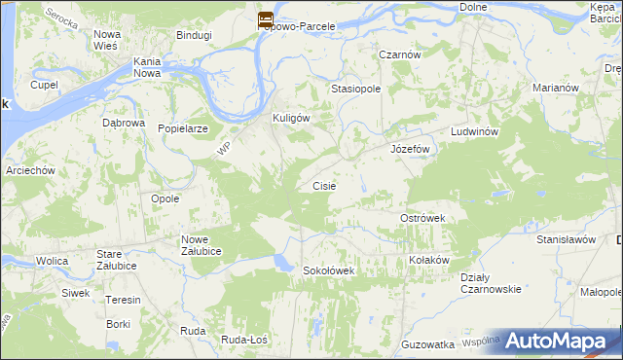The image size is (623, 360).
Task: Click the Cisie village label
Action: point(324,185)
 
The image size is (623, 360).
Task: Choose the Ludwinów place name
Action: point(474,131)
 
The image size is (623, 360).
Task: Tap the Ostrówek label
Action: point(422,219)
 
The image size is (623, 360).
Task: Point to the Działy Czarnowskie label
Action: point(491,282)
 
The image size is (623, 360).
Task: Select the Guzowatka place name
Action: point(428,344)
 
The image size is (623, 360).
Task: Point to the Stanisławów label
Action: point(566,238)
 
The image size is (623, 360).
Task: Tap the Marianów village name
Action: point(557,88)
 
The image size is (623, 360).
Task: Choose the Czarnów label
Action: point(400,55)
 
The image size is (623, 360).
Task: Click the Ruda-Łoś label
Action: point(244,339)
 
